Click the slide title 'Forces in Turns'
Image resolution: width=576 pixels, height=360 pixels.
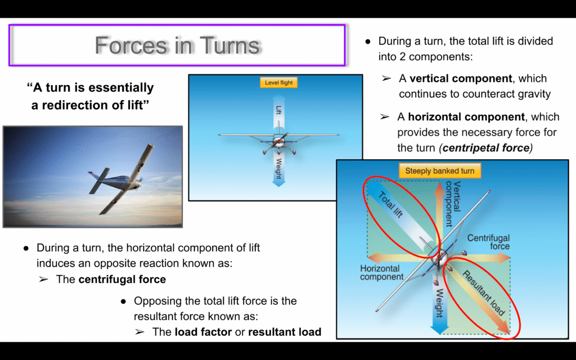[177, 45]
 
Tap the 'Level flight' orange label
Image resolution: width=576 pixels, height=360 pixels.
[279, 83]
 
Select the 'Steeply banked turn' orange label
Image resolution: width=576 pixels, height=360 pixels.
[440, 171]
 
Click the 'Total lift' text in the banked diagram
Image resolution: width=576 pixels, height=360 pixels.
[390, 205]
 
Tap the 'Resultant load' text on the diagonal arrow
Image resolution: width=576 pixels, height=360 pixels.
[484, 292]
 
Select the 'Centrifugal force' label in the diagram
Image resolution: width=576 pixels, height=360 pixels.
[488, 242]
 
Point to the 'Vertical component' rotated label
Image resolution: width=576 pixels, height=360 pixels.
[453, 204]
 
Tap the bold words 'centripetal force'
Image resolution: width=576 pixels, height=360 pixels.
[485, 148]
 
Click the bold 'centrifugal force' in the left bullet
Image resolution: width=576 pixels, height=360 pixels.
[122, 279]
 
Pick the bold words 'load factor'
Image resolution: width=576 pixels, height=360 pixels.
[203, 332]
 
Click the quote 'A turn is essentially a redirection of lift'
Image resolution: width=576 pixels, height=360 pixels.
[91, 96]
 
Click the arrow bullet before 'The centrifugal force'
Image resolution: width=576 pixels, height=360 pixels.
[44, 279]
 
